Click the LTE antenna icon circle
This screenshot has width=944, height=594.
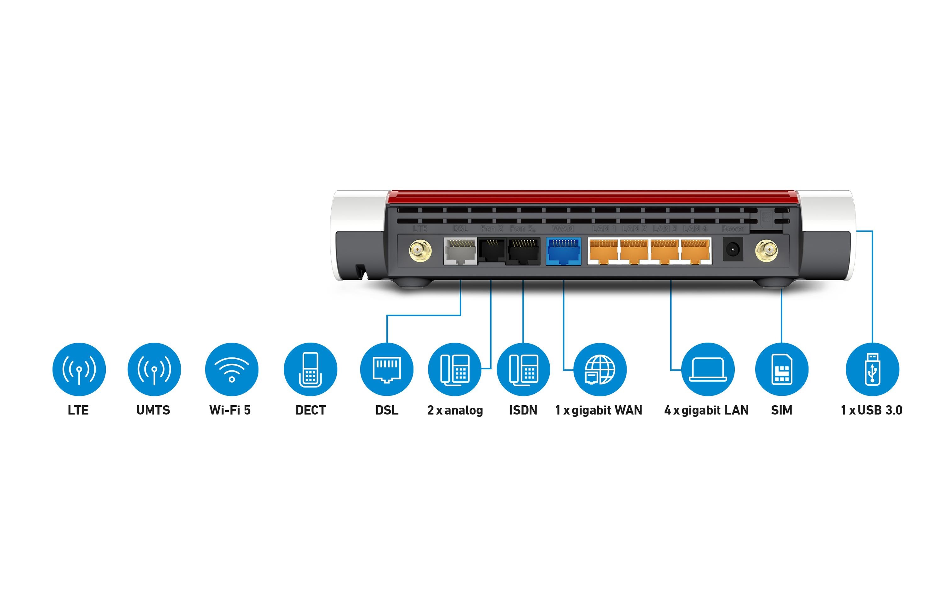tap(79, 369)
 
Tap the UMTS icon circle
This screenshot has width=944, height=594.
tap(154, 369)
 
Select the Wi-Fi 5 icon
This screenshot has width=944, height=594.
tap(232, 369)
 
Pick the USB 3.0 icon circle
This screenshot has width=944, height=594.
tap(872, 369)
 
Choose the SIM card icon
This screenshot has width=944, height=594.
tap(782, 369)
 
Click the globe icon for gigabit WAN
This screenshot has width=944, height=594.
tap(600, 369)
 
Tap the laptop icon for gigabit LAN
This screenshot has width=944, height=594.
tap(708, 369)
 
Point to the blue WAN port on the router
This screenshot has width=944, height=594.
tap(563, 251)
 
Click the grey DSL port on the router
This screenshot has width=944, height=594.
tap(461, 251)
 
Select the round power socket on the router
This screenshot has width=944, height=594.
tap(733, 249)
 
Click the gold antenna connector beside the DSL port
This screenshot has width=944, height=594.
tap(420, 250)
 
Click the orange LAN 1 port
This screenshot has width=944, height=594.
tap(603, 251)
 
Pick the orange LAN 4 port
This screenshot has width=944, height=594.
tap(695, 251)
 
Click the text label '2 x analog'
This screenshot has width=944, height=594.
tap(455, 410)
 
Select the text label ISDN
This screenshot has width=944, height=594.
tap(523, 410)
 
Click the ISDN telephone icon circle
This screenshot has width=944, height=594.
tap(523, 369)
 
